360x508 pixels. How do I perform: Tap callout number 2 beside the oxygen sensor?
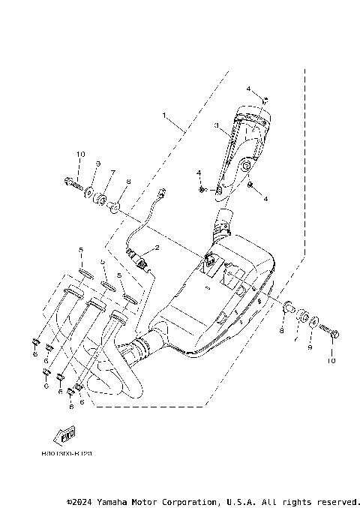pyautogui.click(x=157, y=248)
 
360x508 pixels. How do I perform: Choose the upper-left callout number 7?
pyautogui.click(x=113, y=173)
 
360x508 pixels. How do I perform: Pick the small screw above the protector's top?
pyautogui.click(x=265, y=100)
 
